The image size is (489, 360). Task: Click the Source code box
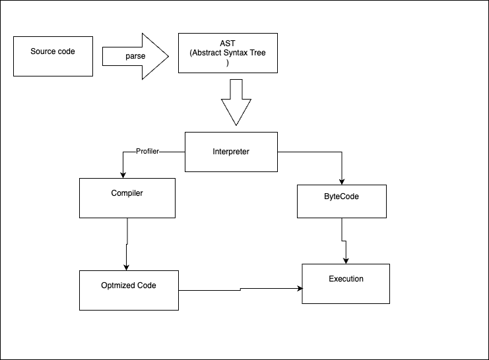(x=53, y=57)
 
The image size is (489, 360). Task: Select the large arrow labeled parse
(x=135, y=57)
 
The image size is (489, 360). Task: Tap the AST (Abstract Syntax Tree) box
(x=228, y=53)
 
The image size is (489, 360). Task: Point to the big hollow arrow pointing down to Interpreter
(x=236, y=102)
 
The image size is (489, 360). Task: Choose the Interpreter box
(x=231, y=152)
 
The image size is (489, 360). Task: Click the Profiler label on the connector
(x=147, y=152)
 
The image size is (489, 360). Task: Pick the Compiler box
(x=127, y=198)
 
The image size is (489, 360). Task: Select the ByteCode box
(x=341, y=201)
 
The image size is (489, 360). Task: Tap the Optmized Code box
(x=129, y=290)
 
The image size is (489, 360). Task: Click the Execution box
(x=346, y=284)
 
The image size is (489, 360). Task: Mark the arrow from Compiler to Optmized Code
(x=126, y=244)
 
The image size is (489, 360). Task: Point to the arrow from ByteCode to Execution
(x=343, y=241)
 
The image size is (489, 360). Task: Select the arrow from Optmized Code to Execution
(x=241, y=289)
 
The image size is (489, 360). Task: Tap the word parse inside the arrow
(x=135, y=57)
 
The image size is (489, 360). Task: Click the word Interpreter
(x=231, y=152)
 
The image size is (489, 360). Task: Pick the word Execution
(x=346, y=279)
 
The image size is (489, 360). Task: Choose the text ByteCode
(x=341, y=196)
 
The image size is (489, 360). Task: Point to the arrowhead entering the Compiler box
(x=123, y=175)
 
